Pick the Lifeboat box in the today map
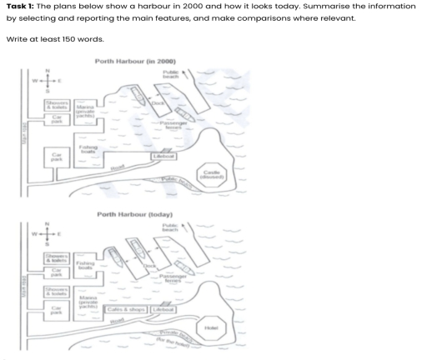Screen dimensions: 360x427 (x=163, y=310)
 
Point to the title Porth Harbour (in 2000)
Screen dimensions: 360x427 (x=134, y=62)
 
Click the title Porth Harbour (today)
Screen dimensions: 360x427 (x=133, y=214)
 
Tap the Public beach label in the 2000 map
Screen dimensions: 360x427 (x=171, y=75)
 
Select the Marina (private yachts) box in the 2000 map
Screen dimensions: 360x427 (x=84, y=111)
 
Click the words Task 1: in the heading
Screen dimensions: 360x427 (x=21, y=7)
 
